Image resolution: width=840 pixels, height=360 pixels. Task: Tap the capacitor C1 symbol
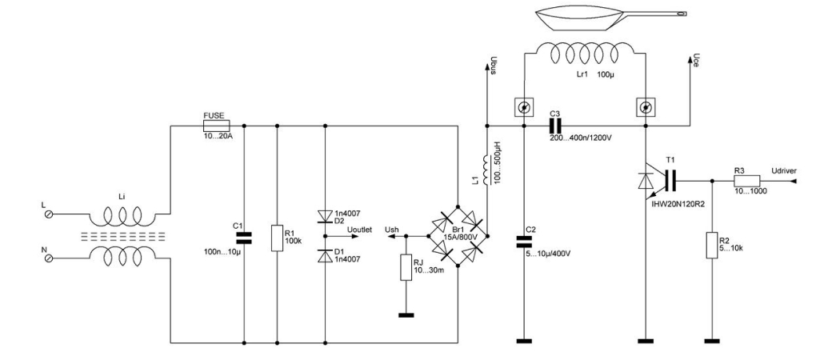(x=243, y=237)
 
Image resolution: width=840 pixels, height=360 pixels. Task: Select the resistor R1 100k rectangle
(x=277, y=237)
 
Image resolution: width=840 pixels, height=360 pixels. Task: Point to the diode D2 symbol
(x=325, y=215)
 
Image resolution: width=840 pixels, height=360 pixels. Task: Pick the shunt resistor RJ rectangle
(x=406, y=268)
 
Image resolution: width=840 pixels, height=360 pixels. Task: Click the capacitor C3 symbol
(x=552, y=126)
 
